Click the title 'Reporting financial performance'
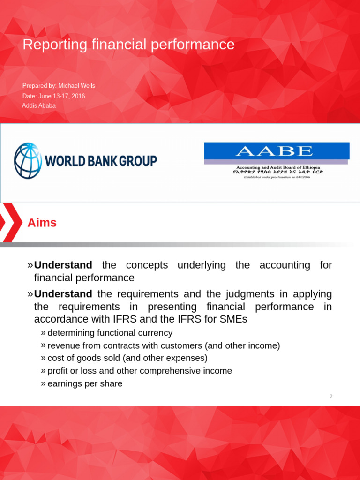[128, 45]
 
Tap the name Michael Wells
[77, 86]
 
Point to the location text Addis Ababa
[39, 105]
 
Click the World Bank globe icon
[28, 161]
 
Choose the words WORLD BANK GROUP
[101, 161]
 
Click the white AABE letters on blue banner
[274, 151]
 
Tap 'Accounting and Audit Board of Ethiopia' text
[278, 167]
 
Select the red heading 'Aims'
[42, 223]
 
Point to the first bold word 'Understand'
[63, 265]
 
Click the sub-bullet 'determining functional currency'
[110, 333]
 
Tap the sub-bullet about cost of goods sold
[127, 358]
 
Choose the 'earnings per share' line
[85, 383]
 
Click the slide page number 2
[331, 397]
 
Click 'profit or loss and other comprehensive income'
[140, 371]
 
